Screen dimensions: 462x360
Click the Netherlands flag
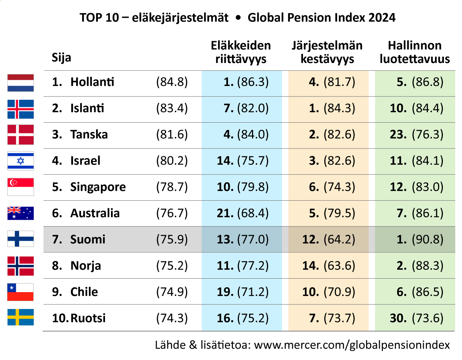(x=20, y=82)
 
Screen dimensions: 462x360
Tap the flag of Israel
(x=20, y=160)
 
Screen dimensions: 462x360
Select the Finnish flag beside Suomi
(x=20, y=238)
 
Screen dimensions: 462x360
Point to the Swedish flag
(x=20, y=317)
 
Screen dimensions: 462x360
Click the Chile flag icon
(x=20, y=292)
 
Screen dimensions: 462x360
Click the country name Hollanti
(x=92, y=82)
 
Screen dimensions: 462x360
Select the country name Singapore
(x=98, y=187)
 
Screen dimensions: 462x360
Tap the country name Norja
(x=85, y=265)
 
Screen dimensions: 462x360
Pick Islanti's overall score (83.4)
(x=172, y=108)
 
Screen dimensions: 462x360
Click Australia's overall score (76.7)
(x=172, y=213)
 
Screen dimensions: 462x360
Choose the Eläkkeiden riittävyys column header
(x=241, y=52)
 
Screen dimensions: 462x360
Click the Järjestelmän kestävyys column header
(x=327, y=52)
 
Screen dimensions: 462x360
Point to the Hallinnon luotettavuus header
(x=415, y=52)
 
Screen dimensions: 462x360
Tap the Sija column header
(x=61, y=58)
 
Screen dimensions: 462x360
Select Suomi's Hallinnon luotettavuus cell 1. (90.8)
(x=420, y=239)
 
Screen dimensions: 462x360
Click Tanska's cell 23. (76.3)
(x=417, y=134)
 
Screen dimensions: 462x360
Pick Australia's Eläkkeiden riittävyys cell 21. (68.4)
(x=243, y=213)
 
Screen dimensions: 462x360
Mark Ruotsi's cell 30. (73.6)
(x=417, y=318)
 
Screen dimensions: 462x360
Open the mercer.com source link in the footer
(x=352, y=345)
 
